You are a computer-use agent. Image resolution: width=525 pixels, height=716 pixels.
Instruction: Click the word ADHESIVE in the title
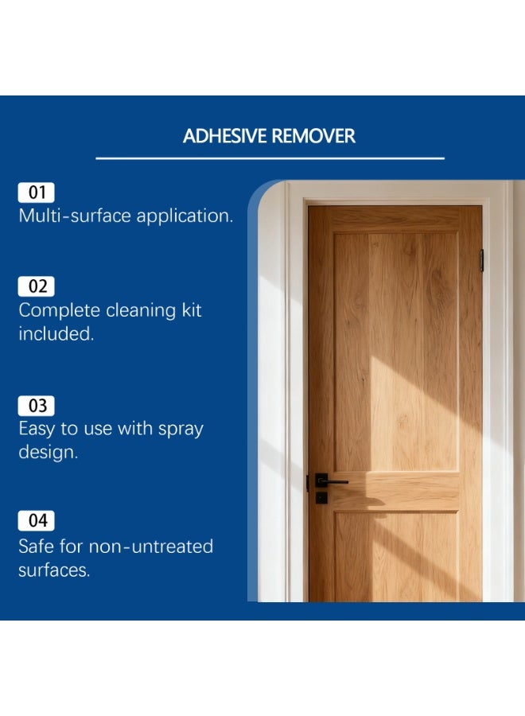tap(226, 136)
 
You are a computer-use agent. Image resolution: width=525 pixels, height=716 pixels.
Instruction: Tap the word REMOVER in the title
tap(313, 136)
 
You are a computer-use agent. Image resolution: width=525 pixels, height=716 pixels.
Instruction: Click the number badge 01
tap(37, 192)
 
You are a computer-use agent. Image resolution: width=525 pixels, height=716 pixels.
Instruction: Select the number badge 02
tap(37, 286)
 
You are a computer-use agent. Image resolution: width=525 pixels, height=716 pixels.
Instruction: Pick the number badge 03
tap(37, 406)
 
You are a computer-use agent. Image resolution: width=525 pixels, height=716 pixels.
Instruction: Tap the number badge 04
tap(37, 521)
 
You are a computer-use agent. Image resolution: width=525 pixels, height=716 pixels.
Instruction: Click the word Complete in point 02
tap(59, 310)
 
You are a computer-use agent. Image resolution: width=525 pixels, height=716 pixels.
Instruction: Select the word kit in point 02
tap(189, 309)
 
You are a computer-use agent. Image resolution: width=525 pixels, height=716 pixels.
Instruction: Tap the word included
tap(56, 334)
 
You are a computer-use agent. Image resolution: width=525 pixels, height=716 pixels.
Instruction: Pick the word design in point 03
tap(48, 453)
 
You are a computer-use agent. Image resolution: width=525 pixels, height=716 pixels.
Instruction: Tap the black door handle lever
tap(333, 481)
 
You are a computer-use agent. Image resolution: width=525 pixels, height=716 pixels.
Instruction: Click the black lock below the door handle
tap(321, 498)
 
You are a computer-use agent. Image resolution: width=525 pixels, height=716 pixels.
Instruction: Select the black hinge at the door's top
tap(481, 260)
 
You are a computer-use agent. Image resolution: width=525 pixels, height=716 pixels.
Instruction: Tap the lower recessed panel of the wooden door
tap(395, 557)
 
